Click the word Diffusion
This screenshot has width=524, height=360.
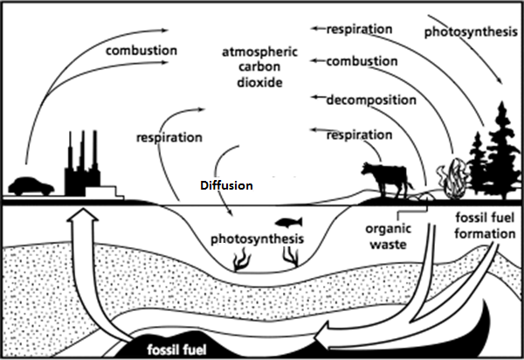[x=224, y=186]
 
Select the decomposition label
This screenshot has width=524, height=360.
[x=371, y=100]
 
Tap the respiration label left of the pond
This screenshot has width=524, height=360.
[x=169, y=137]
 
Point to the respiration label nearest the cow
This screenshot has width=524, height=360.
[x=359, y=135]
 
